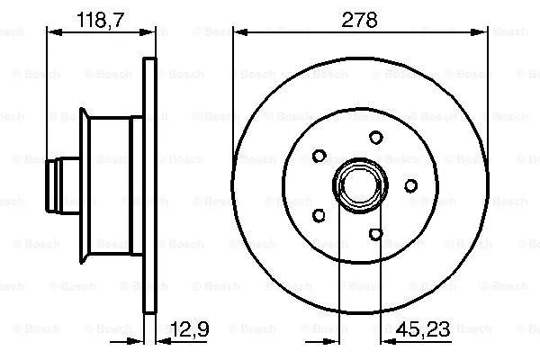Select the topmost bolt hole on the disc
(x=375, y=138)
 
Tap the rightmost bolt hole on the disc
(x=409, y=185)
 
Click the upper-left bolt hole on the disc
(x=319, y=156)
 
